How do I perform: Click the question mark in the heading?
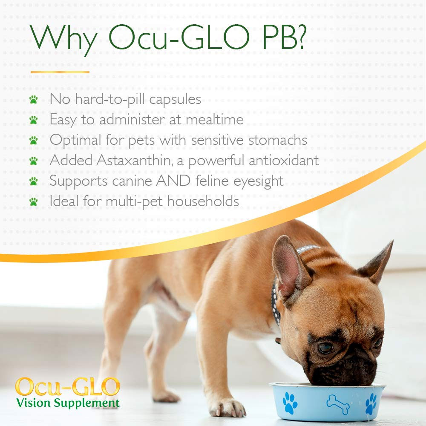[x=299, y=39]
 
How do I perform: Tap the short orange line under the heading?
[x=60, y=72]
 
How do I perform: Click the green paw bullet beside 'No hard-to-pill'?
[x=34, y=100]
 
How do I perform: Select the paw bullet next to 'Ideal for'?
[x=34, y=201]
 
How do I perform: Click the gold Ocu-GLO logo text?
[x=67, y=386]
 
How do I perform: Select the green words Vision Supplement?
[x=68, y=402]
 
